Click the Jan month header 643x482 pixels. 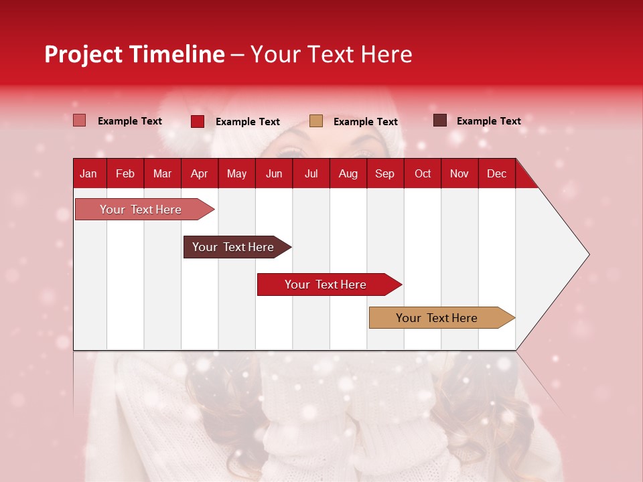pyautogui.click(x=88, y=173)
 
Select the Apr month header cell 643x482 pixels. pyautogui.click(x=199, y=173)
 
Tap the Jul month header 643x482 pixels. pyautogui.click(x=311, y=173)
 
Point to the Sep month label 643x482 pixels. pyautogui.click(x=384, y=173)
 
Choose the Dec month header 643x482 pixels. pyautogui.click(x=496, y=173)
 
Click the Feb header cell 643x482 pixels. pyautogui.click(x=125, y=173)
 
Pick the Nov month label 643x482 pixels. pyautogui.click(x=459, y=173)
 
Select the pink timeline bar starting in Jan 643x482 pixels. pyautogui.click(x=141, y=210)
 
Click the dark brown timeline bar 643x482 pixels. pyautogui.click(x=233, y=247)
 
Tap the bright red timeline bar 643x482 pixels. pyautogui.click(x=326, y=285)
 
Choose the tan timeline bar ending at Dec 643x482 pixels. pyautogui.click(x=437, y=318)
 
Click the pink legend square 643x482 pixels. pyautogui.click(x=80, y=120)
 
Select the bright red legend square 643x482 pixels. pyautogui.click(x=198, y=121)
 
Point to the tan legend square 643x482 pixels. pyautogui.click(x=316, y=121)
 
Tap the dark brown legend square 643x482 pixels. pyautogui.click(x=440, y=120)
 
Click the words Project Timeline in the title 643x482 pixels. pyautogui.click(x=135, y=54)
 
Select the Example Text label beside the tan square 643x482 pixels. pyautogui.click(x=365, y=122)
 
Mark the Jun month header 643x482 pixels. pyautogui.click(x=274, y=173)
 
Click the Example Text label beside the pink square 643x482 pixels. pyautogui.click(x=130, y=121)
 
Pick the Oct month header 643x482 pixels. pyautogui.click(x=423, y=173)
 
